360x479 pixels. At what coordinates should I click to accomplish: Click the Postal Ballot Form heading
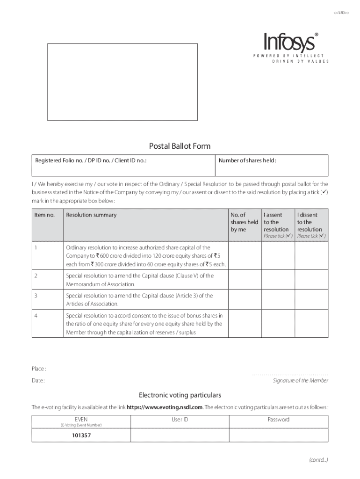180,146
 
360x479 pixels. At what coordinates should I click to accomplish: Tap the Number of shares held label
247,161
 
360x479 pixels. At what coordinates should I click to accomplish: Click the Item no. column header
44,215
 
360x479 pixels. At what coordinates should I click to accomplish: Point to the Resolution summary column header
91,215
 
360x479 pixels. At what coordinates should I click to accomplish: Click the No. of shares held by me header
244,222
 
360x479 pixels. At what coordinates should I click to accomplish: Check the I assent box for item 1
277,256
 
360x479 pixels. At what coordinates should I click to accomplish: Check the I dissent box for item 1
311,256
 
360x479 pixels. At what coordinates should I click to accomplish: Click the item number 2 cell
36,276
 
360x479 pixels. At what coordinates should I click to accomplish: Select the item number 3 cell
36,296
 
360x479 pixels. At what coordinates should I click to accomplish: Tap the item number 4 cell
36,315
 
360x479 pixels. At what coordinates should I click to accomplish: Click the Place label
39,369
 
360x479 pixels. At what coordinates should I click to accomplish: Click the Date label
38,381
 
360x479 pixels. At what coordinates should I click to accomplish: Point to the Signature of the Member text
300,381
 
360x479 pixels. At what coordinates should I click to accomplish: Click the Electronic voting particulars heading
180,395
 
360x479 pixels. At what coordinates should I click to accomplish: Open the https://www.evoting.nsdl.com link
165,407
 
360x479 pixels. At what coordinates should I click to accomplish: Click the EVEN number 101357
81,435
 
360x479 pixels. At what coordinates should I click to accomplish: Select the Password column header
278,420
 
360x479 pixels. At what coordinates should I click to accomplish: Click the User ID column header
180,420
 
